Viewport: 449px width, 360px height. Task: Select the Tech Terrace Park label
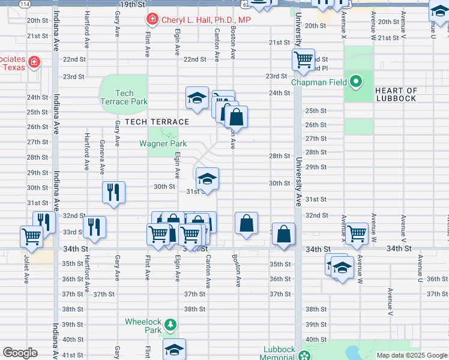(x=124, y=97)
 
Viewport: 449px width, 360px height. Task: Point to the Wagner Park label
(x=163, y=143)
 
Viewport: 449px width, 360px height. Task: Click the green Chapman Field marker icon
(x=355, y=80)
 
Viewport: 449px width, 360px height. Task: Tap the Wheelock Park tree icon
(x=171, y=325)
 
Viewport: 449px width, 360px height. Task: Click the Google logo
(x=20, y=353)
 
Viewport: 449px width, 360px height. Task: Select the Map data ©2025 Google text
(x=411, y=355)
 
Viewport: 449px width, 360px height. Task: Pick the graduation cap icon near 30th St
(x=207, y=178)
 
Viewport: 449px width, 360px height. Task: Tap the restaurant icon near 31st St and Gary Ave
(x=113, y=192)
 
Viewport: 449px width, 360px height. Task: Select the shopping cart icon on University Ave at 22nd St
(x=304, y=59)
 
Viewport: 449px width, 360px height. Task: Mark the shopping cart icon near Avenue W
(x=356, y=233)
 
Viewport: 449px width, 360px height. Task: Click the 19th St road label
(x=132, y=4)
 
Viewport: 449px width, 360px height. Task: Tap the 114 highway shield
(x=24, y=4)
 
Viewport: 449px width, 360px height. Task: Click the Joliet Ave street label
(x=26, y=271)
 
